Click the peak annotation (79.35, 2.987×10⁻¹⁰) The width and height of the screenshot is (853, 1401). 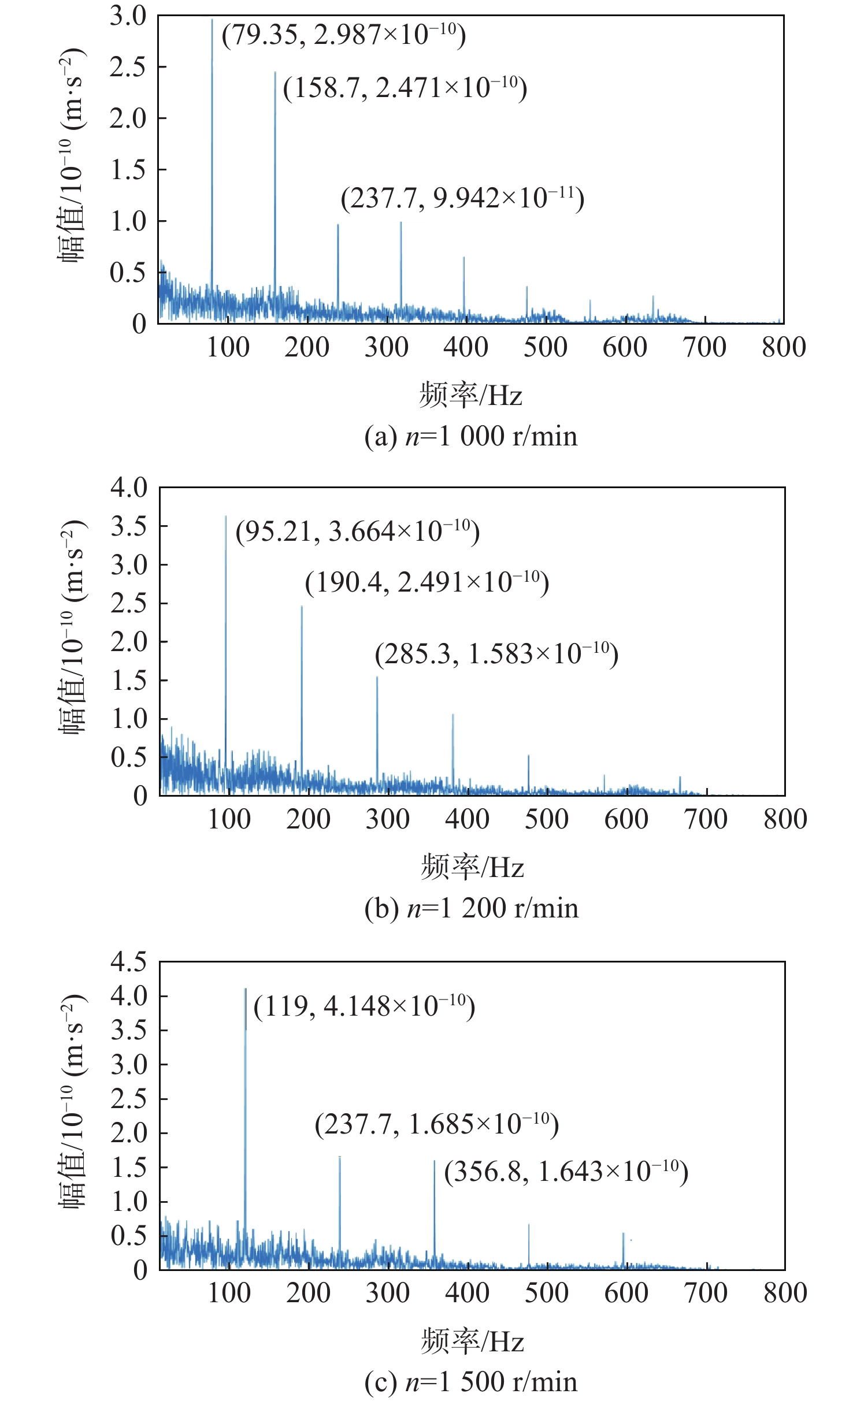(344, 35)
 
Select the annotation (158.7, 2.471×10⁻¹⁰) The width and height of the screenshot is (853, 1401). (405, 88)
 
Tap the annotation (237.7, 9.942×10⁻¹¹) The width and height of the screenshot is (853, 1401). (462, 199)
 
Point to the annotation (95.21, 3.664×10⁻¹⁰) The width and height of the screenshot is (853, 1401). (358, 532)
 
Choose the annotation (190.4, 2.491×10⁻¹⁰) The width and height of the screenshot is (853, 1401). (427, 582)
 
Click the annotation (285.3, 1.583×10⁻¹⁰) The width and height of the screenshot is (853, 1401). (496, 654)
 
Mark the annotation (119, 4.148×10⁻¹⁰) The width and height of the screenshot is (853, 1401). (364, 1006)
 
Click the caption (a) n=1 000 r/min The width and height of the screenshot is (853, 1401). (471, 436)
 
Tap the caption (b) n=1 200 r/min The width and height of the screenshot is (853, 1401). (471, 908)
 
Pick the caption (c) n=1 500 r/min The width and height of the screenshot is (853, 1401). (471, 1382)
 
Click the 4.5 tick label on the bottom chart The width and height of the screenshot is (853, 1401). (129, 962)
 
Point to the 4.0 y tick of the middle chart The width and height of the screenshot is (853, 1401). (129, 488)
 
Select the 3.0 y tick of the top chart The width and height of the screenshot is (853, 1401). (129, 16)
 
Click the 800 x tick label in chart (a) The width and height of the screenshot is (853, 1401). (784, 348)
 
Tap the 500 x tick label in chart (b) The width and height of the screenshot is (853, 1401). (546, 820)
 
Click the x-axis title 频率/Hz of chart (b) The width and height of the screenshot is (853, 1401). (472, 867)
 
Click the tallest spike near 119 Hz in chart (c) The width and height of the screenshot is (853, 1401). (245, 1098)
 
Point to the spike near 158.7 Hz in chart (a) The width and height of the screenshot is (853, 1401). (275, 173)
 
